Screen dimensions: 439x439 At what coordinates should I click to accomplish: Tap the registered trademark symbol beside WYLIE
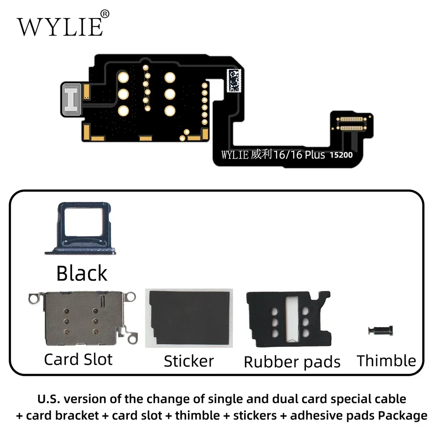pos(105,14)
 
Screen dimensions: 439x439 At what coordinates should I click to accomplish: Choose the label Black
pos(82,273)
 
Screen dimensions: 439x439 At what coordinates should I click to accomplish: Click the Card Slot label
pos(78,359)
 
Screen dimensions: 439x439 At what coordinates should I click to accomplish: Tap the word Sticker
pos(189,361)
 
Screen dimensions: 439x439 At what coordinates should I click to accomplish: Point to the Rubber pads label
pos(292,362)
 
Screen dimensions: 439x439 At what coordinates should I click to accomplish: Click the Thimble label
pos(386,361)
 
